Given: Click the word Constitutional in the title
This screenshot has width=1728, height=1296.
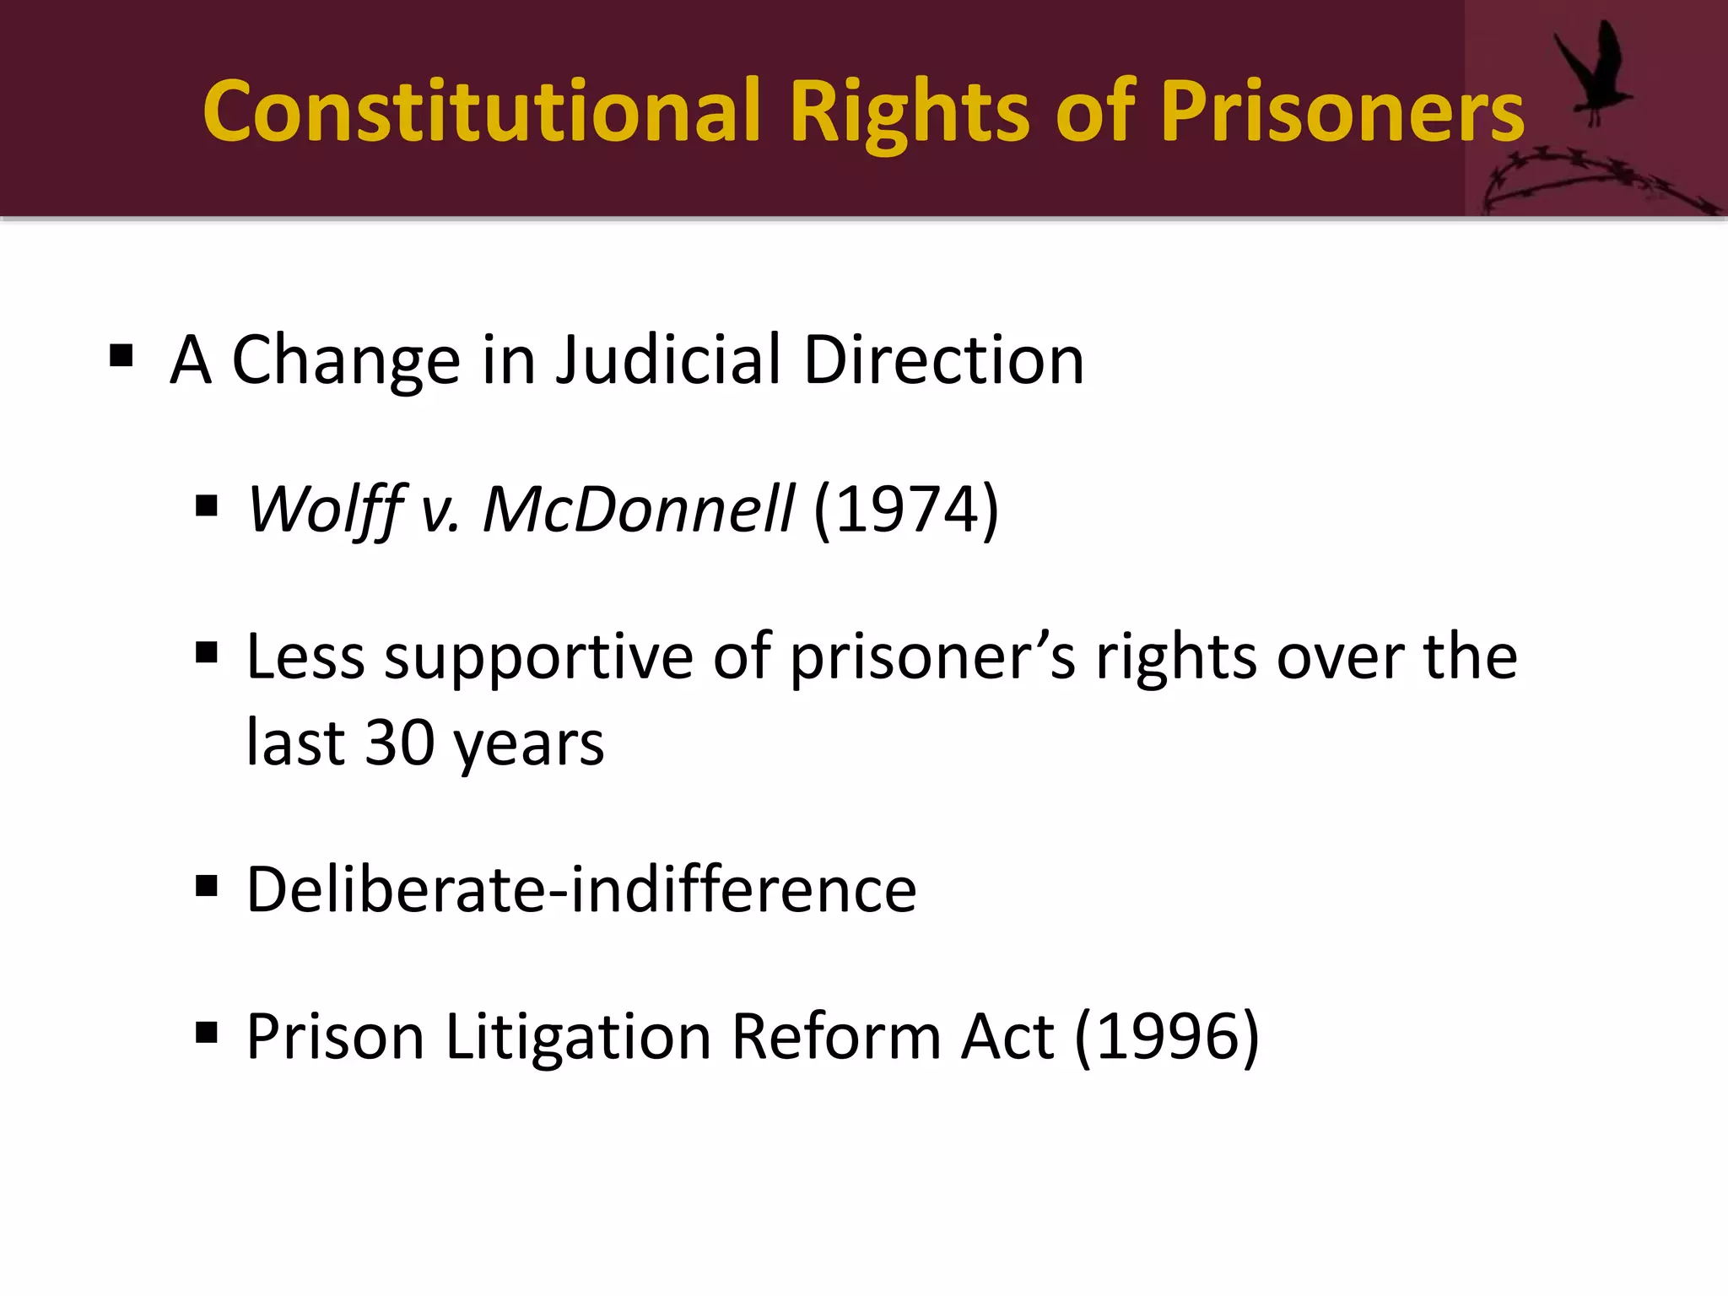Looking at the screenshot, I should point(482,111).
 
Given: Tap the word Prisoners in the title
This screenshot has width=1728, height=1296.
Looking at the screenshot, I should point(1342,111).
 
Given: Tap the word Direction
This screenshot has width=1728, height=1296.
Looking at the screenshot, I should point(943,360).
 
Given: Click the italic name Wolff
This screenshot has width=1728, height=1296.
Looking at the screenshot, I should point(326,510).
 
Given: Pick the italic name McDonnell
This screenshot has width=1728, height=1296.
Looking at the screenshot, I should point(637,510).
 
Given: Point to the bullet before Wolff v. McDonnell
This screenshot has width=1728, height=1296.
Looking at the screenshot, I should point(207,506).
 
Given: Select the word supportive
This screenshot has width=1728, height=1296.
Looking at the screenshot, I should point(538,657).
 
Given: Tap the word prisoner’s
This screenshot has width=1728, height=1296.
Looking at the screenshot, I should point(933,657).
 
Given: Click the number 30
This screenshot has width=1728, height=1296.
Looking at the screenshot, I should point(399,743).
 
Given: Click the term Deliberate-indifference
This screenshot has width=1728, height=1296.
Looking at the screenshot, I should point(580,889).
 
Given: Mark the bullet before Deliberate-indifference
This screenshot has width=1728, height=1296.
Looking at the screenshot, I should point(207,886).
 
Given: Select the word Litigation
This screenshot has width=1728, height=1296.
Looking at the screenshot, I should point(578,1037).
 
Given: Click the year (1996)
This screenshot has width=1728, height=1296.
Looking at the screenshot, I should point(1167,1037).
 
